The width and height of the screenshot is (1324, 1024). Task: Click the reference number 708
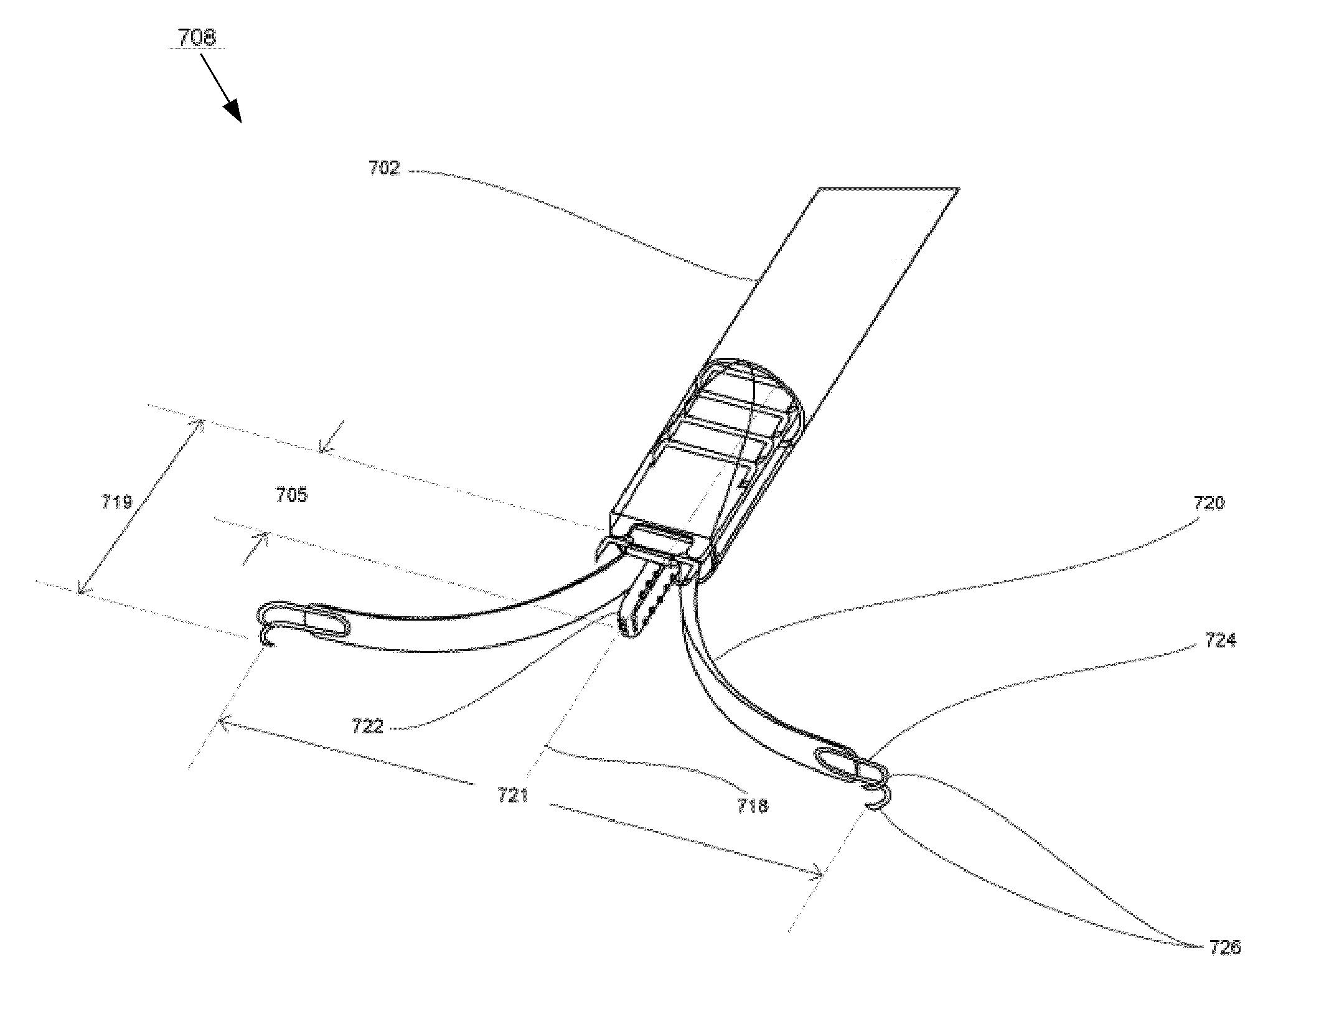point(197,38)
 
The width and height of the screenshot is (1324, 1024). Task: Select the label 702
point(384,168)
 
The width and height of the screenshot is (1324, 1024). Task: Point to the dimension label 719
point(116,502)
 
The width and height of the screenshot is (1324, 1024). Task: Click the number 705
point(291,496)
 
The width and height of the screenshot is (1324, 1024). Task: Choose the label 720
point(1208,503)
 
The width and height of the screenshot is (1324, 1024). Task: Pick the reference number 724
point(1220,640)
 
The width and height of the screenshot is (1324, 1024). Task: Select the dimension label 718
point(752,806)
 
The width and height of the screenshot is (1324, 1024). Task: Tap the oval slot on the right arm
point(838,763)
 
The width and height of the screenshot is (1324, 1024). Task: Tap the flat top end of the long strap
point(889,188)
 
